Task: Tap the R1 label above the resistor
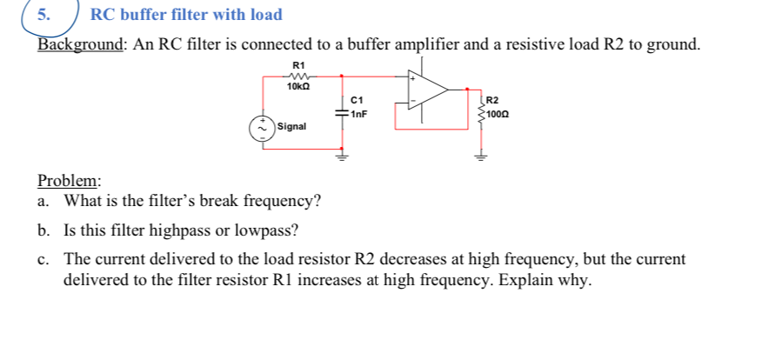[x=299, y=65]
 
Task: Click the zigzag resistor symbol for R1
[x=299, y=76]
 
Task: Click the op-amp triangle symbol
[x=430, y=89]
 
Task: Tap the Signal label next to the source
[x=292, y=127]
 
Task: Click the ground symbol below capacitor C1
[x=341, y=158]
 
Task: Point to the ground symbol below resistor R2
[x=477, y=157]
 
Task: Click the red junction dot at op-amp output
[x=467, y=89]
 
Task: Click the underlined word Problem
[x=69, y=181]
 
